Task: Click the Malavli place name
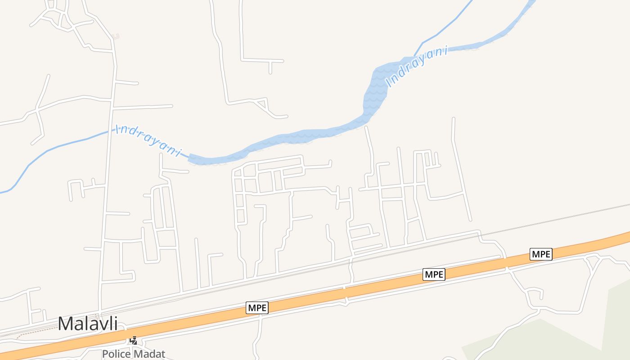(x=88, y=324)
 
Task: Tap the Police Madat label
(x=134, y=354)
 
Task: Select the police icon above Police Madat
(x=134, y=340)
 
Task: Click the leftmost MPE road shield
(x=257, y=308)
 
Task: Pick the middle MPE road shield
(x=434, y=274)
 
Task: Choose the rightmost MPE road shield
(x=541, y=254)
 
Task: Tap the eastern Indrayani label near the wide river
(x=417, y=67)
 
